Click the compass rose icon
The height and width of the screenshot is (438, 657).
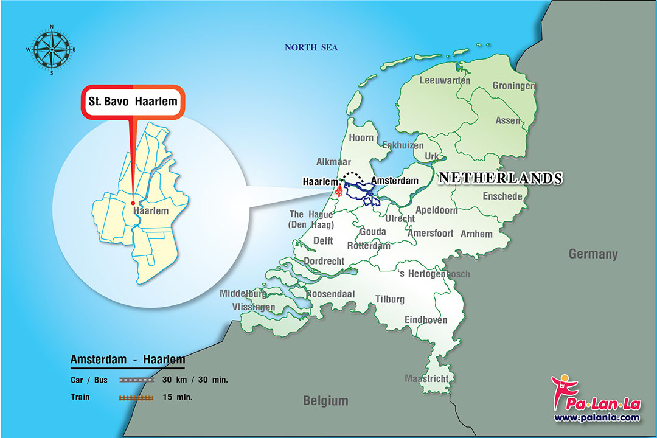pos(52,49)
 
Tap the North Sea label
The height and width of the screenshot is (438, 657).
pos(311,47)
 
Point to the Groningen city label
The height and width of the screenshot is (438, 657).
pos(513,86)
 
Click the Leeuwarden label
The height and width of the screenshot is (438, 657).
pos(445,80)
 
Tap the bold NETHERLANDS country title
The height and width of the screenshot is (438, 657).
pos(500,178)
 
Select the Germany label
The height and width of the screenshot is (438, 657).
pos(593,254)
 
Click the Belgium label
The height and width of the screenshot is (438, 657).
pos(326,400)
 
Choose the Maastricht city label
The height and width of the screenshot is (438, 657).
pos(426,378)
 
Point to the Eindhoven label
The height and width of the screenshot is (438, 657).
pos(426,320)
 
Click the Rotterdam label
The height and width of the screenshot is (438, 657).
pos(369,246)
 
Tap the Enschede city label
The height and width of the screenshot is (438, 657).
pos(502,196)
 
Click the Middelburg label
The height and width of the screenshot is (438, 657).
pos(243,293)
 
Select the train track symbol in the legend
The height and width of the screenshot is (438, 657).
pos(136,398)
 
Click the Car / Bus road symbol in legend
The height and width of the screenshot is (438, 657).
pos(136,380)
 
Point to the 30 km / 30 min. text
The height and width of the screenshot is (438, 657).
pos(195,380)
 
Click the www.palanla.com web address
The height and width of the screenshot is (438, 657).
pos(596,417)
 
